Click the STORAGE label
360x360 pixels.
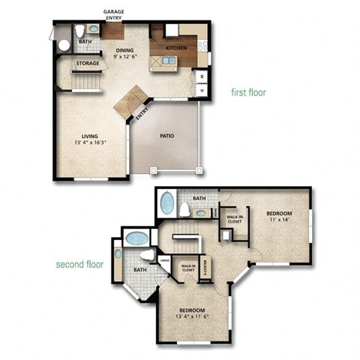pos(87,64)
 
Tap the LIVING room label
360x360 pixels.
pos(90,136)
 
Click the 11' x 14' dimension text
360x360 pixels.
pos(279,221)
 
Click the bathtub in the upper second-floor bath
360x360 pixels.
pos(166,203)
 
